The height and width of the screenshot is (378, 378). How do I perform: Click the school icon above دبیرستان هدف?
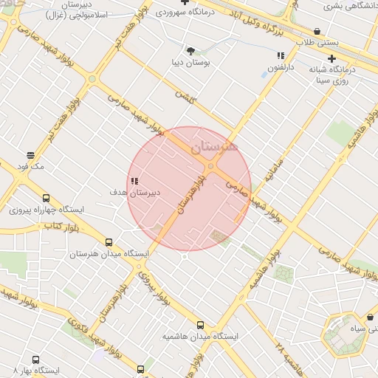point(134,181)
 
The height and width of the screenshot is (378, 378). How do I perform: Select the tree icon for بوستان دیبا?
point(191,51)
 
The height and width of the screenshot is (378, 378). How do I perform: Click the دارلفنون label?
point(281,67)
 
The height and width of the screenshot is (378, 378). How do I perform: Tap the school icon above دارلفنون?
point(281,55)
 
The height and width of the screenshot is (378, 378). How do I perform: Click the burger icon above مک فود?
point(30,155)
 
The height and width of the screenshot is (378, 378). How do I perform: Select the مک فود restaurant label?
point(30,167)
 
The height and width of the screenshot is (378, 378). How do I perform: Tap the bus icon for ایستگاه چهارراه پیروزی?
point(46,198)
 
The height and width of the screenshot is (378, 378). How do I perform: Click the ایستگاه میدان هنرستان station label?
point(109,254)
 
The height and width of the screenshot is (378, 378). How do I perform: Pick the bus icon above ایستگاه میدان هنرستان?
point(109,242)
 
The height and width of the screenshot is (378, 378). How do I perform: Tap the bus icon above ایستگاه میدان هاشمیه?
point(200,325)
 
